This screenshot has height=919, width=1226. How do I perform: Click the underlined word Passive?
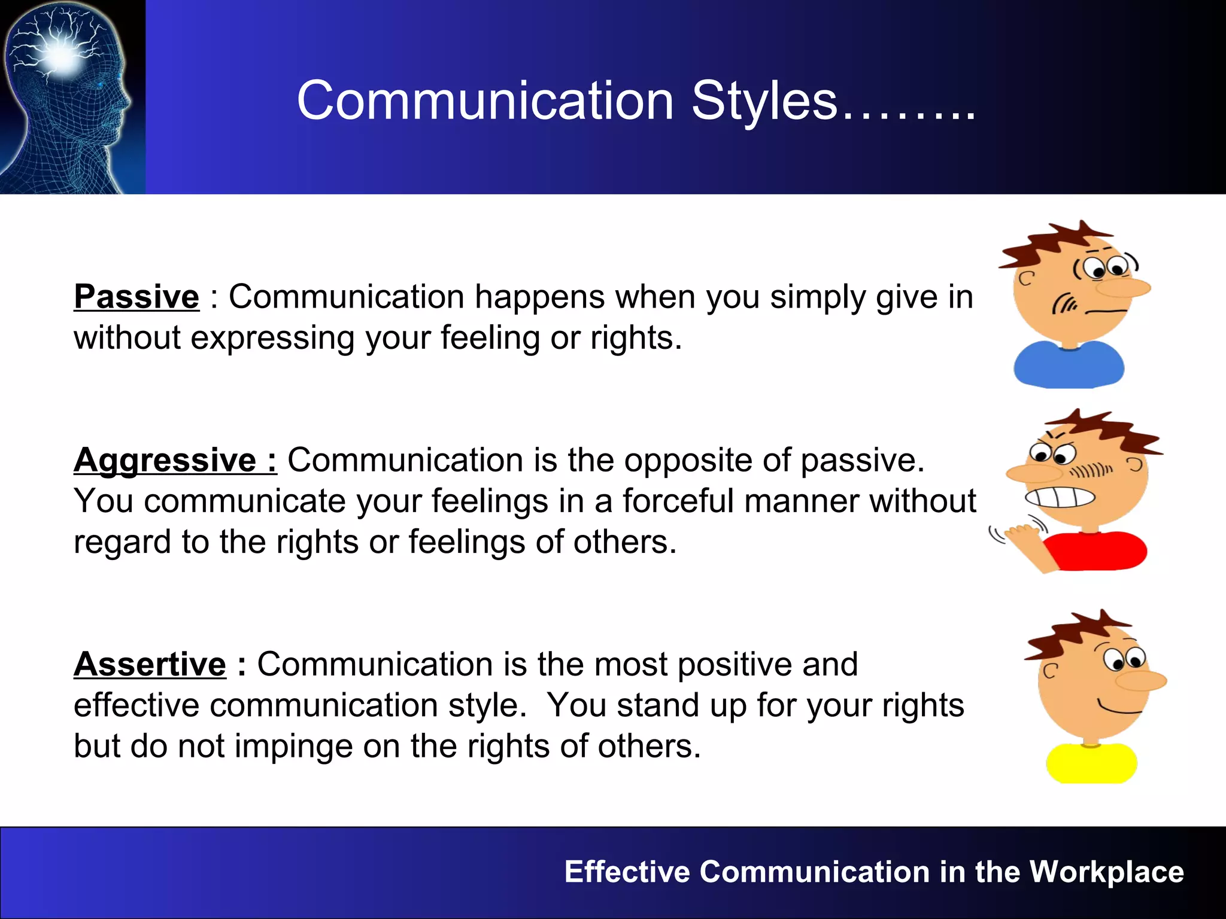136,297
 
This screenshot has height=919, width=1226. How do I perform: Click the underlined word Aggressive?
165,461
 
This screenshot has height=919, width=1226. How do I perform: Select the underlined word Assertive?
150,665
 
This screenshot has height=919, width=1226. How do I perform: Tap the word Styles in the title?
764,101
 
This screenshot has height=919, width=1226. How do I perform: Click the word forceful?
678,501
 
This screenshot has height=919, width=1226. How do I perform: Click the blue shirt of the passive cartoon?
1069,365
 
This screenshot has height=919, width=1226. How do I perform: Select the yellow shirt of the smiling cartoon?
1091,764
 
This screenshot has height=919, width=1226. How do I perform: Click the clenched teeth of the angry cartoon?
1060,498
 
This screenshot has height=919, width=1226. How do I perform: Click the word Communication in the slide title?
485,101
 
